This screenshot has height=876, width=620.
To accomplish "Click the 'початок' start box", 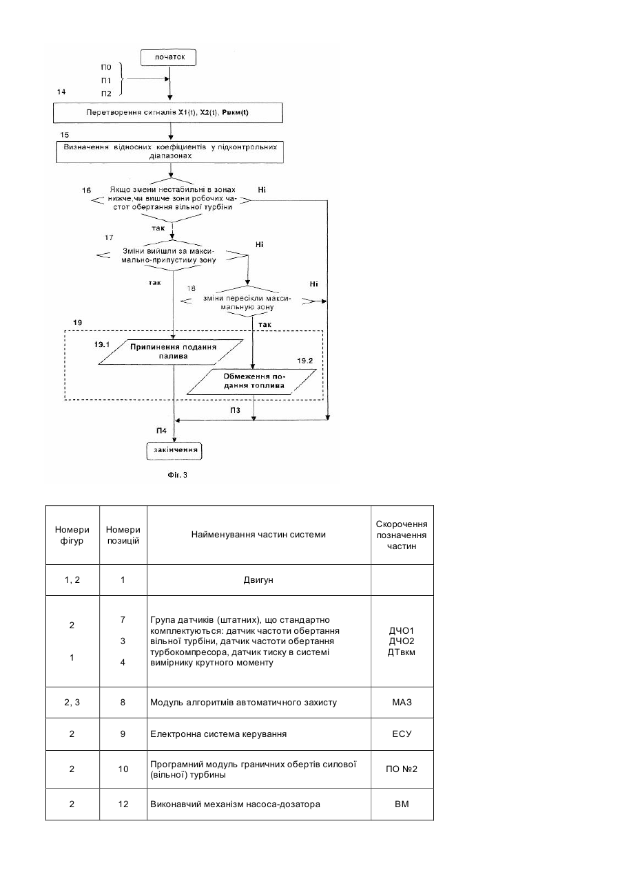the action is [168, 57].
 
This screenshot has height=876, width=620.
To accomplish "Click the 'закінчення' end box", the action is [174, 451].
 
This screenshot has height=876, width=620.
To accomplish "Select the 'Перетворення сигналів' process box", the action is [168, 113].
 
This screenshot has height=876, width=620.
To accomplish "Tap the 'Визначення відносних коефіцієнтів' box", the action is [170, 152].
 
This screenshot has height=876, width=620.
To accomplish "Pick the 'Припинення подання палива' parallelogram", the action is [171, 352].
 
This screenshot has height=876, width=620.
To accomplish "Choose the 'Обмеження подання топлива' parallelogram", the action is [251, 382].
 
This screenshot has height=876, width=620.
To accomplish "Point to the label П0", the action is [106, 67].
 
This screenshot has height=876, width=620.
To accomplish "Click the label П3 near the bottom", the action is [235, 410].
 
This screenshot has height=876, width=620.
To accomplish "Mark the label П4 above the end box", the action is [161, 431].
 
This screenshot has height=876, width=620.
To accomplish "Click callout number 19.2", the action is [305, 361].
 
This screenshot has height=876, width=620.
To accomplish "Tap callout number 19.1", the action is [102, 345].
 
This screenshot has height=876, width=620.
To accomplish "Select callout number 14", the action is [61, 92].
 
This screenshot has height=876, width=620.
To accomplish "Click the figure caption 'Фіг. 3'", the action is [177, 475].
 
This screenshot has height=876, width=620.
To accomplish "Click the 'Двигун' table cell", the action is [258, 580].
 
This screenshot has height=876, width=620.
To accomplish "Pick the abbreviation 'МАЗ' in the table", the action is [402, 703].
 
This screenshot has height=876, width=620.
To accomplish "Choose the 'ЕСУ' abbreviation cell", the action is [402, 734].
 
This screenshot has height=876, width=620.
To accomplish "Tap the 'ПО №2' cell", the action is [402, 769].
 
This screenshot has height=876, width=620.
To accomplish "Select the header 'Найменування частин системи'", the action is [258, 535].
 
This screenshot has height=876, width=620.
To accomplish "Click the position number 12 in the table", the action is [123, 804].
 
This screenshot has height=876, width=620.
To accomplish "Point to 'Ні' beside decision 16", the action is [262, 190].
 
